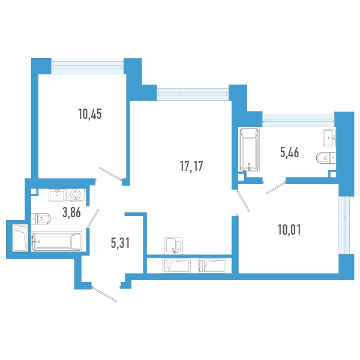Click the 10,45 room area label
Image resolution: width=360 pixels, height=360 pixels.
90,114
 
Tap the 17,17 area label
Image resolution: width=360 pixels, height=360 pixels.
191,166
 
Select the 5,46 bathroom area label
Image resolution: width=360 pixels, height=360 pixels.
289,152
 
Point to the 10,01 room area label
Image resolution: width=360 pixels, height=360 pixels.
289,230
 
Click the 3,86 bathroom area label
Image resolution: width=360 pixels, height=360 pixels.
71,212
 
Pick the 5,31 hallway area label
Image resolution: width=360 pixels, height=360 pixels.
121,242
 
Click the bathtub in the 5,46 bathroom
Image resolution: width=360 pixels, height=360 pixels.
249,149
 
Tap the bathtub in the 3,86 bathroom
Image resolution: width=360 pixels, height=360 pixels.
56,241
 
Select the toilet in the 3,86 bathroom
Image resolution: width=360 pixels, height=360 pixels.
41,218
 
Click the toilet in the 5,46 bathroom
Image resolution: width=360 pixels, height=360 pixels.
326,158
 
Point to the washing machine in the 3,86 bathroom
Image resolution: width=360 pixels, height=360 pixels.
76,195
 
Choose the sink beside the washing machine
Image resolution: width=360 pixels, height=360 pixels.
57,195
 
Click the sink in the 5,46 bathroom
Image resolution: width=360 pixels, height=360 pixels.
329,137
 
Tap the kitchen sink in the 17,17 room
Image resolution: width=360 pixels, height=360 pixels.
173,245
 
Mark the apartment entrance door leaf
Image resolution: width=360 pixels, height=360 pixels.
104,294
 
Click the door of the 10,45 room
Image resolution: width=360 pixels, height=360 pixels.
110,173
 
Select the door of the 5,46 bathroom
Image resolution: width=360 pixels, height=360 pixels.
276,188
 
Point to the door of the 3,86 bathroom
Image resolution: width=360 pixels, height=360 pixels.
93,218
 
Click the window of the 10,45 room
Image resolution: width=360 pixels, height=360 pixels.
88,67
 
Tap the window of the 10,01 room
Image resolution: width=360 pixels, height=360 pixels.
344,225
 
